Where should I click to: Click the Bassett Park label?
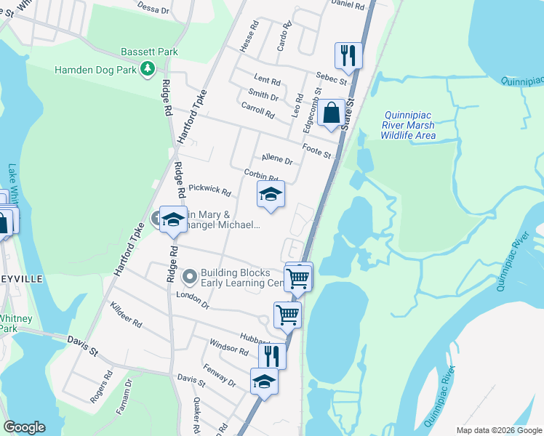tap(150, 52)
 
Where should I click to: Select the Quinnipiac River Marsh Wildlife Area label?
tap(408, 125)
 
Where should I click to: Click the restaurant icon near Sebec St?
tap(348, 55)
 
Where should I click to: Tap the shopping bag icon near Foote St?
tap(331, 113)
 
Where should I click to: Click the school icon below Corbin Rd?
tap(271, 194)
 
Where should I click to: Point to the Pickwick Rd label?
tap(209, 190)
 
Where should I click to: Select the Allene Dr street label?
tap(276, 160)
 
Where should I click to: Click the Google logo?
tap(24, 427)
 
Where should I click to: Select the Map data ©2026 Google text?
tap(498, 430)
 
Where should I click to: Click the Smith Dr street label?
tap(263, 95)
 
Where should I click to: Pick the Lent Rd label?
tap(267, 79)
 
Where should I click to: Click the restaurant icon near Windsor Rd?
tap(272, 355)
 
